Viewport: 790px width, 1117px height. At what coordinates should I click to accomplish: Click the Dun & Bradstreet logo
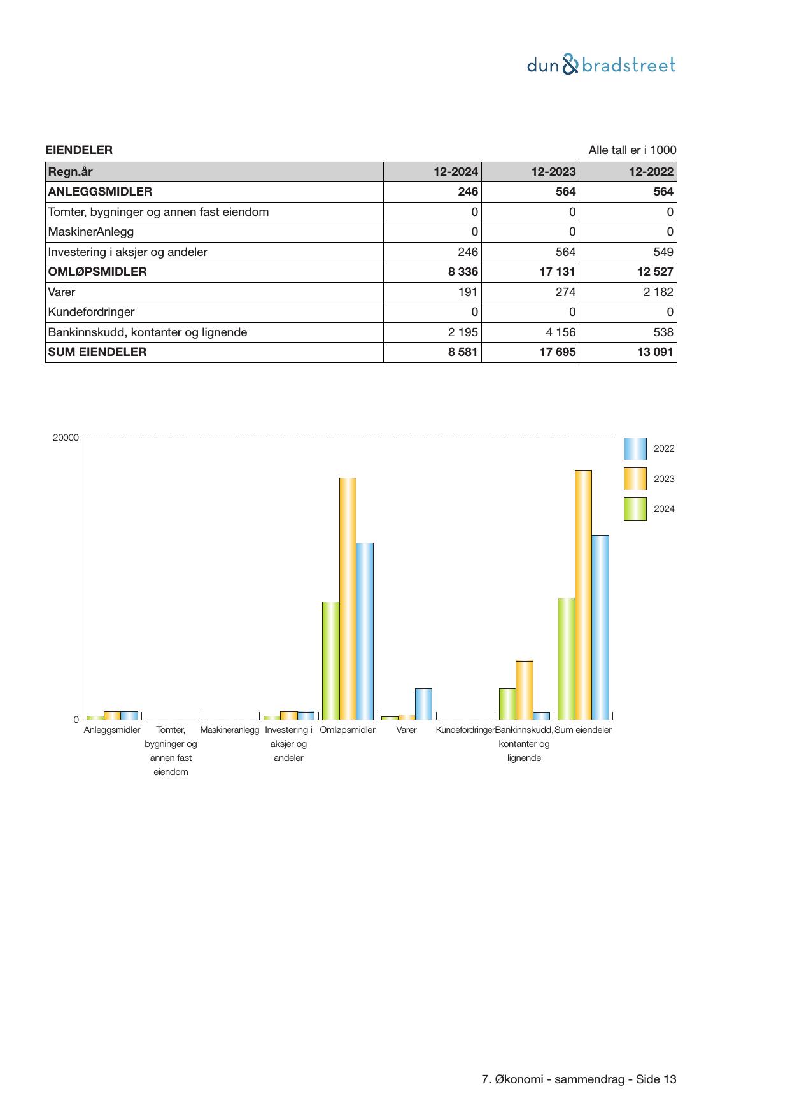point(601,65)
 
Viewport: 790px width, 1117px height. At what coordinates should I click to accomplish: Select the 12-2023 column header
point(553,172)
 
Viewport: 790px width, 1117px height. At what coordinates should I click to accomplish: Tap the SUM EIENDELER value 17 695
point(557,352)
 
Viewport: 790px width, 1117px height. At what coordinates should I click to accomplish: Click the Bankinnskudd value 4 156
point(560,332)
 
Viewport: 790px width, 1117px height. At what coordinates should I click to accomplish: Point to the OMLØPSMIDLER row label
point(97,272)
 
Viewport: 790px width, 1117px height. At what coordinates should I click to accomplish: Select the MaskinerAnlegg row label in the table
point(91,232)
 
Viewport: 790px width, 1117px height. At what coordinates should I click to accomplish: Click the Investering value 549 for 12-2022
point(663,252)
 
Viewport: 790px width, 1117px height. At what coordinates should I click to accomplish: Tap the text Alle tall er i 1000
point(632,150)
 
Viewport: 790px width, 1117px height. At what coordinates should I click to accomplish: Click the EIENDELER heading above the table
point(79,150)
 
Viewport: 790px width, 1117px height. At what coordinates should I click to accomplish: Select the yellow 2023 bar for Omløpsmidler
point(348,598)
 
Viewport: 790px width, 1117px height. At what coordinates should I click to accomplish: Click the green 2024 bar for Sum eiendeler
point(566,658)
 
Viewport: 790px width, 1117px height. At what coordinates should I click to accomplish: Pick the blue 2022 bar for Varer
point(423,704)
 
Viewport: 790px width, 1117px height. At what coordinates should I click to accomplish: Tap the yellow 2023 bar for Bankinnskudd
point(524,690)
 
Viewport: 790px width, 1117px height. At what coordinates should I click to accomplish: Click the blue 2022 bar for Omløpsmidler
point(365,630)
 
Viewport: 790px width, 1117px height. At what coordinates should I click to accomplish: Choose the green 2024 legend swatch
point(635,509)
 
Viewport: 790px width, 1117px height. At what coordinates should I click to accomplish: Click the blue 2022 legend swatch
point(635,448)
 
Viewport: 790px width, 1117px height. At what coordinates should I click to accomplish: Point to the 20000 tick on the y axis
point(66,438)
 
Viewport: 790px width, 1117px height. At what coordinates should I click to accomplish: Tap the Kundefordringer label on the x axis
point(465,730)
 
